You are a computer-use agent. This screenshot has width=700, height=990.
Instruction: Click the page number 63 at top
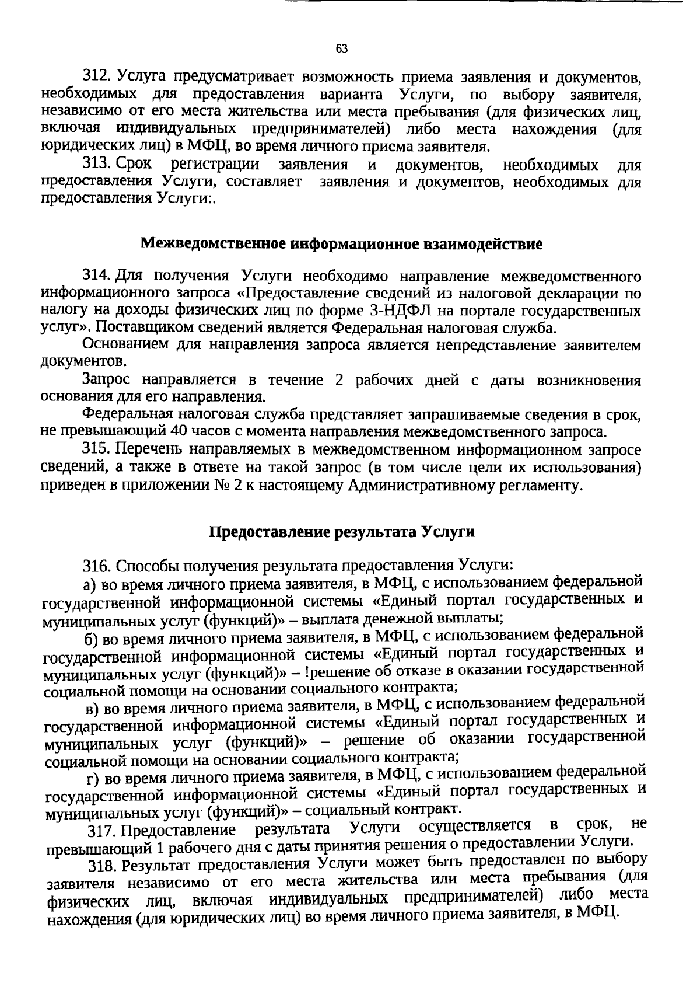pyautogui.click(x=342, y=48)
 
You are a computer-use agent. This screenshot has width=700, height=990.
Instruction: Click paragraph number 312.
pyautogui.click(x=96, y=76)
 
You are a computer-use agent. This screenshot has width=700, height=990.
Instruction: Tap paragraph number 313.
pyautogui.click(x=96, y=165)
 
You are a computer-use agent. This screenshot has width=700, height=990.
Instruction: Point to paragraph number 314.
pyautogui.click(x=96, y=275)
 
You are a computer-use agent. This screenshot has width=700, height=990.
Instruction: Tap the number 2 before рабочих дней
pyautogui.click(x=339, y=380)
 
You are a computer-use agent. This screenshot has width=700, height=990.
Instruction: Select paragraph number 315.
pyautogui.click(x=96, y=450)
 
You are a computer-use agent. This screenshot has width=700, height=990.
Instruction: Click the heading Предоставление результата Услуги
pyautogui.click(x=341, y=532)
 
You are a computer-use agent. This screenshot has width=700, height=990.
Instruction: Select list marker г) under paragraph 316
pyautogui.click(x=93, y=779)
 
